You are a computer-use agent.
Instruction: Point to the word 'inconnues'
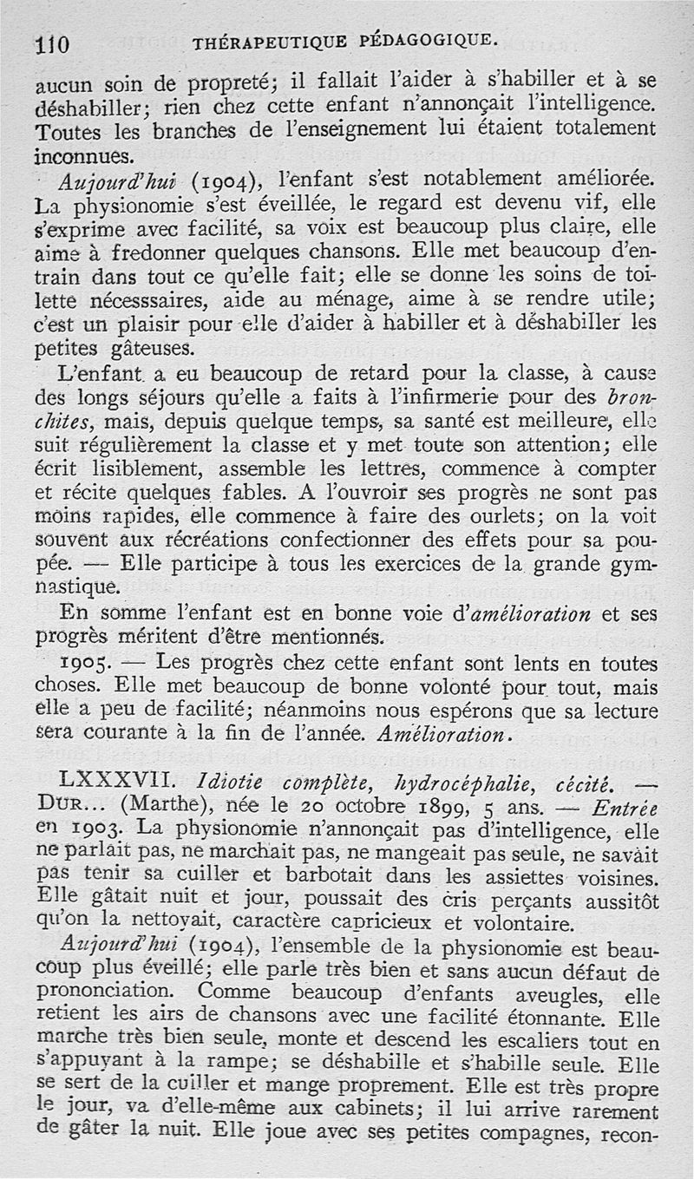coord(83,157)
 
